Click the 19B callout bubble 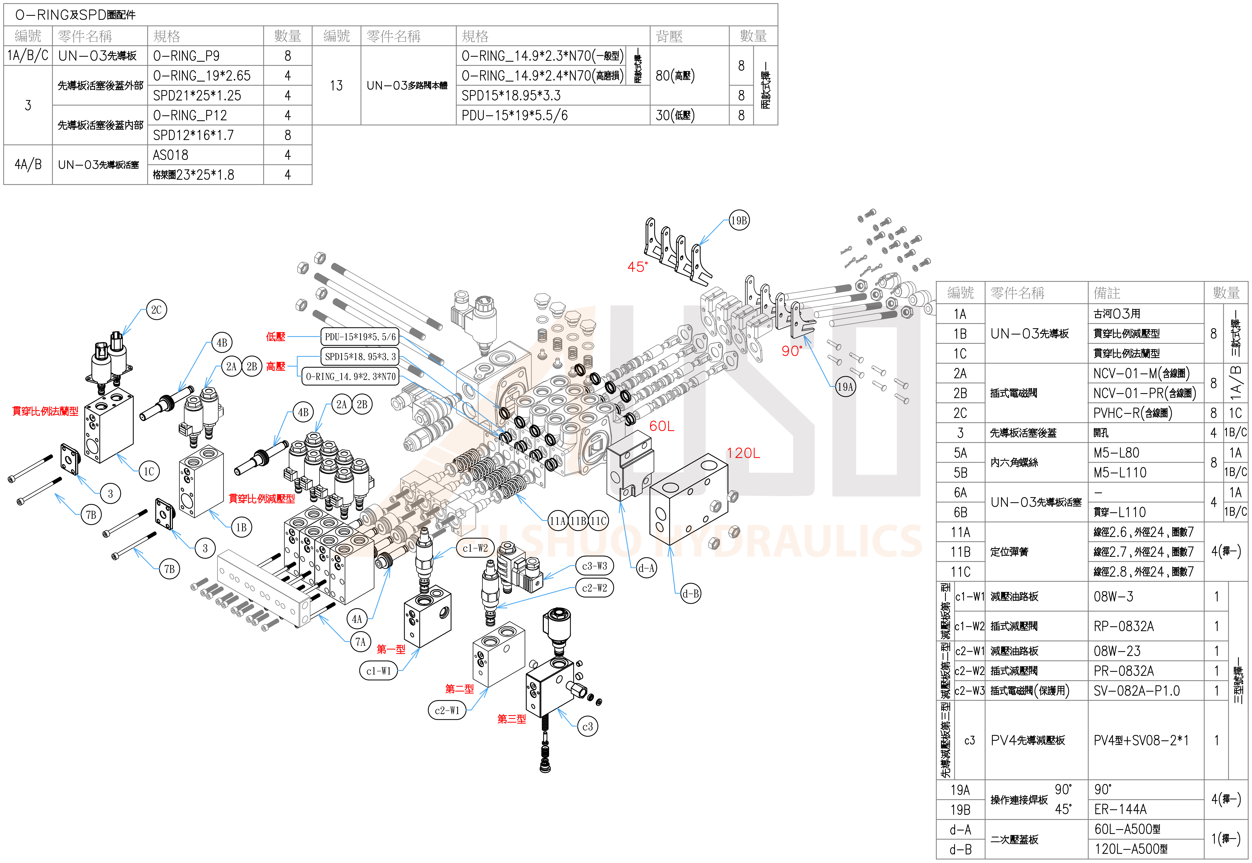739,221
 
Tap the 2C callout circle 156,310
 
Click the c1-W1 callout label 378,671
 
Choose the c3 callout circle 587,727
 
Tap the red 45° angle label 637,267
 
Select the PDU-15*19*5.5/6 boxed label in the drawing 360,337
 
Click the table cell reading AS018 171,155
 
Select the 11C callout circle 598,521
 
